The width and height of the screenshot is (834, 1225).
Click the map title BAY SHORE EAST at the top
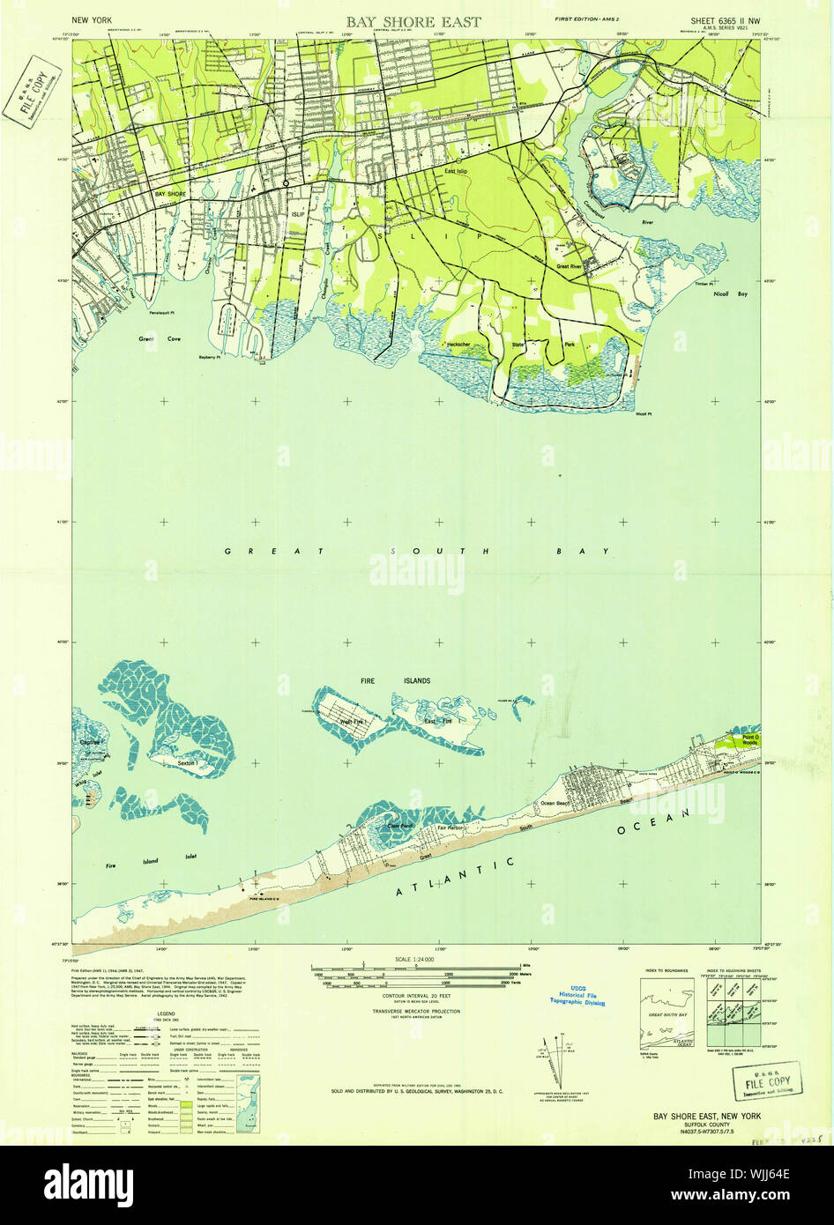click(413, 22)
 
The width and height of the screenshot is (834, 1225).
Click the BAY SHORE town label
click(171, 192)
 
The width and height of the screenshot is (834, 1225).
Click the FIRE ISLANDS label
click(382, 681)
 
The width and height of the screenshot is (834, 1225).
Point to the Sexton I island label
click(186, 761)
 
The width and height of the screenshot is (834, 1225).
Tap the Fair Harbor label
click(452, 828)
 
